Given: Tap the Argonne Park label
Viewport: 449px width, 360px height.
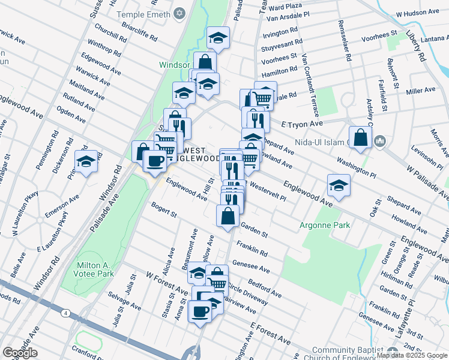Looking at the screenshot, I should pyautogui.click(x=325, y=226).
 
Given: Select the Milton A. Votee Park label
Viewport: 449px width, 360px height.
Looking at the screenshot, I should pyautogui.click(x=95, y=269).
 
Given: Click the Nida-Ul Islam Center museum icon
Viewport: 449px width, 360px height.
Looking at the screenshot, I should pyautogui.click(x=379, y=142).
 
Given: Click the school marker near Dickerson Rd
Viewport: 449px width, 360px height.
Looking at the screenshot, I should pyautogui.click(x=86, y=161).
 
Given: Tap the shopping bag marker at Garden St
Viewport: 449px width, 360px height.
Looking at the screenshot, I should pyautogui.click(x=228, y=216).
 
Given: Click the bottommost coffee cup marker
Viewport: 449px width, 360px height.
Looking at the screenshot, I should pyautogui.click(x=200, y=311).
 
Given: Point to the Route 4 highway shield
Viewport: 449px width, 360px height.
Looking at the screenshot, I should pyautogui.click(x=64, y=312).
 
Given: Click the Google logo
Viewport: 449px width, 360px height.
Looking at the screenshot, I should pyautogui.click(x=20, y=353).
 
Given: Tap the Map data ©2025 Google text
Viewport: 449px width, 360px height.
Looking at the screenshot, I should pyautogui.click(x=412, y=355).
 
